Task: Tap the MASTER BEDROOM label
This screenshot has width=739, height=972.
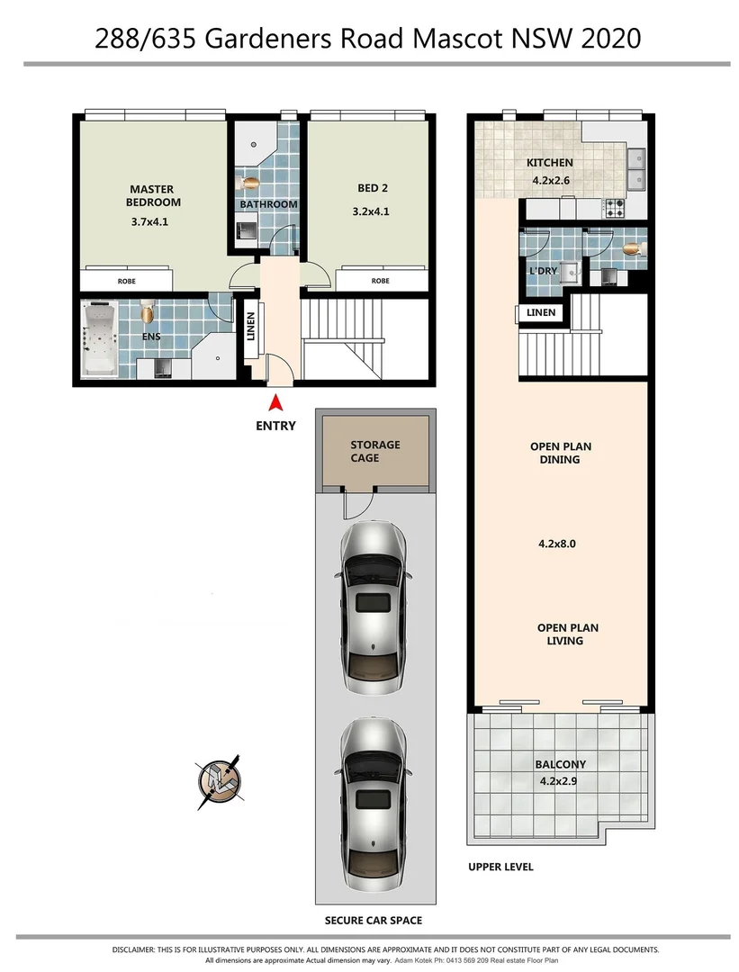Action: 153,195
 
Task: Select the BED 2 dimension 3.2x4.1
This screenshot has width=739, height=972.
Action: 372,212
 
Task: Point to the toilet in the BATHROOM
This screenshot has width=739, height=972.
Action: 251,183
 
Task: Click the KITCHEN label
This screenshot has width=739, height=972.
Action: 549,163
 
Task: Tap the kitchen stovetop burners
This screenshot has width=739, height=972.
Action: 615,208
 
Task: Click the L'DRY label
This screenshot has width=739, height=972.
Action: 542,271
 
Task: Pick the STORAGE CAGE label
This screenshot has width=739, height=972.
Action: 375,451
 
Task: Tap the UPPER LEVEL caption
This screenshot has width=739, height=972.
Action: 500,867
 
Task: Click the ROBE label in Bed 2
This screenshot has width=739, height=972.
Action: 380,281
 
